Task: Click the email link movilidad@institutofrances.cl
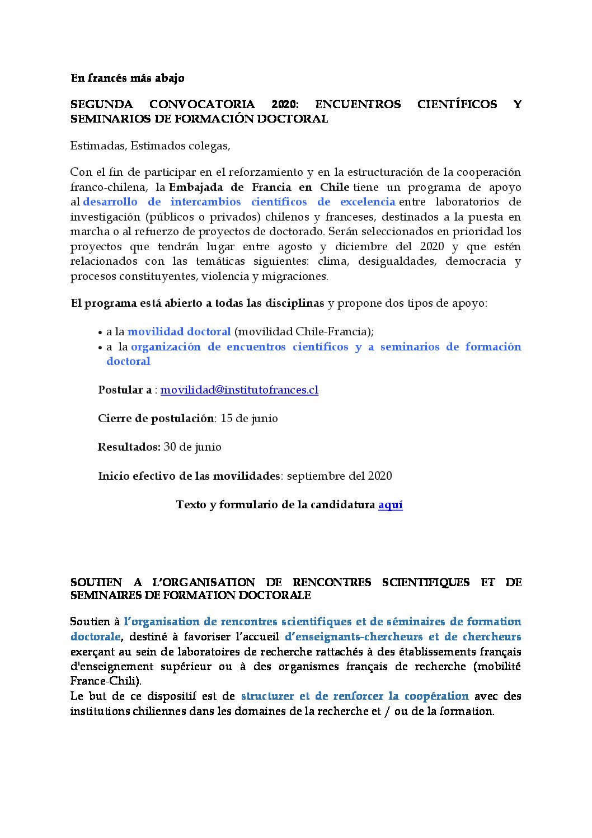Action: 239,390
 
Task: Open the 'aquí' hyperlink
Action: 390,504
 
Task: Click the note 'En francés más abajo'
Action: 127,78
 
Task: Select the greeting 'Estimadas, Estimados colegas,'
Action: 150,146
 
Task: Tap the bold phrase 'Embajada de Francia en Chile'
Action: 259,187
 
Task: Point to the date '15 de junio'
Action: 249,418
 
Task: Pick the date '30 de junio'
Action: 192,447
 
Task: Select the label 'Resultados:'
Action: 129,447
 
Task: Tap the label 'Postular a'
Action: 125,390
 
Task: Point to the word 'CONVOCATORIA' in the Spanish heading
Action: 202,104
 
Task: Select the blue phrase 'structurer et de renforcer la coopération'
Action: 355,696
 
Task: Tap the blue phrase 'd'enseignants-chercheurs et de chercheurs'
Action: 403,636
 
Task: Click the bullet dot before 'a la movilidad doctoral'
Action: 101,332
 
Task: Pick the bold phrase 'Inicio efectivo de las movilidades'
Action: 189,476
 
